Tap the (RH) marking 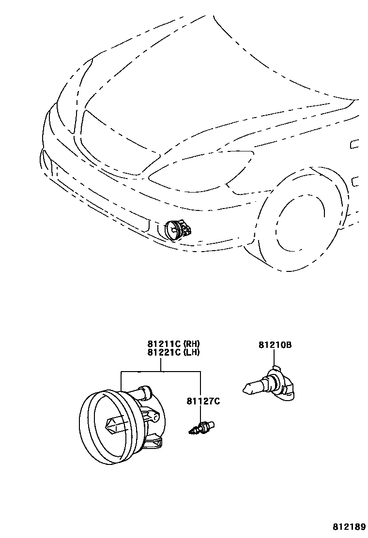pyautogui.click(x=192, y=344)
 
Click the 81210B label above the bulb pyautogui.click(x=275, y=345)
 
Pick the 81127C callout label pyautogui.click(x=203, y=401)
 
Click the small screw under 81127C pyautogui.click(x=201, y=428)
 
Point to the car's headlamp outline pyautogui.click(x=203, y=169)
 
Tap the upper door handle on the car pyautogui.click(x=355, y=144)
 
